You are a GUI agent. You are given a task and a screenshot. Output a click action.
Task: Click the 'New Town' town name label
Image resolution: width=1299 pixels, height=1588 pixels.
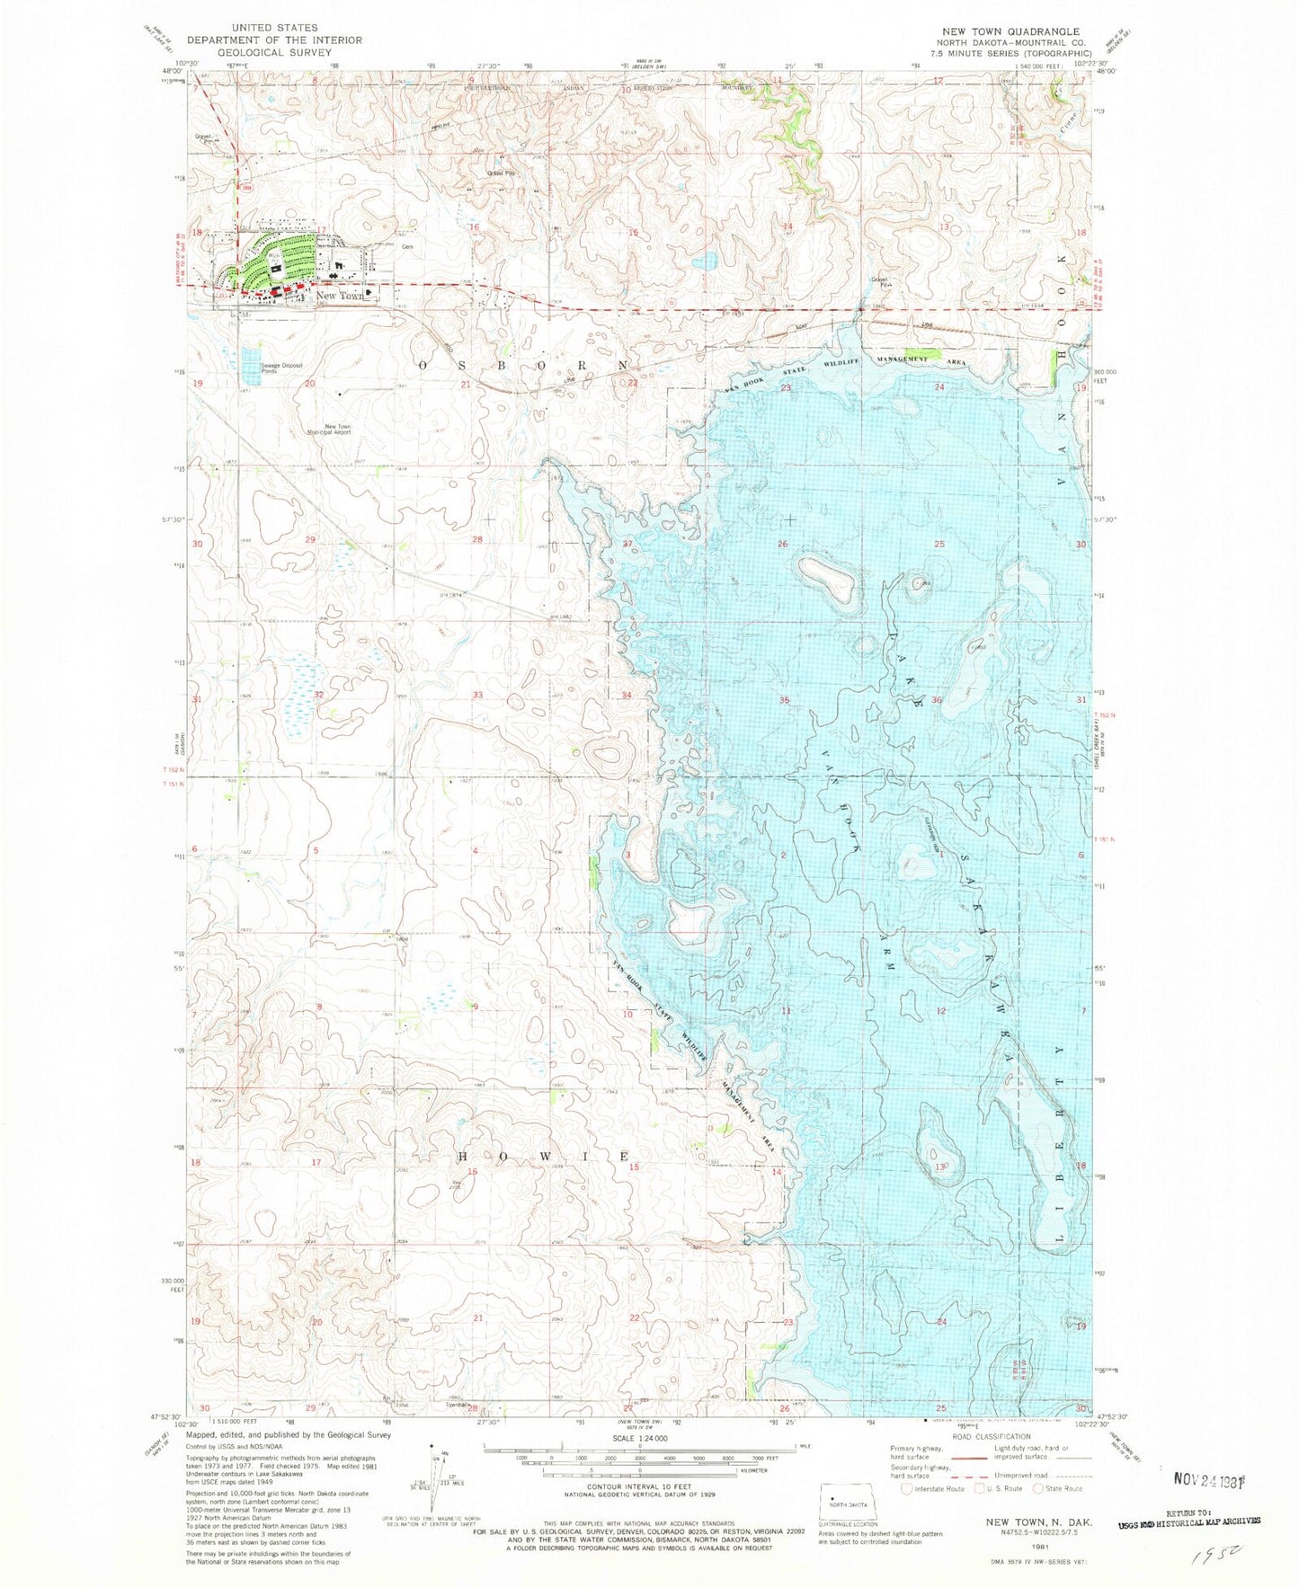click(x=339, y=296)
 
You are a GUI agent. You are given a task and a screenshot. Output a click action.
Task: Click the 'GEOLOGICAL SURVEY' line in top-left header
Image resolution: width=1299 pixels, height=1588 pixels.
click(x=261, y=53)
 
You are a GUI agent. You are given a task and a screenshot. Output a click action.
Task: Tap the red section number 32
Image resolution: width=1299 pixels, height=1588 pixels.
click(x=318, y=695)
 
